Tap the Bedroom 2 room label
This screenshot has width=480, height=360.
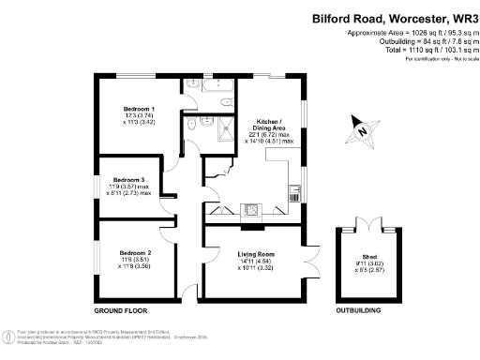coord(135,252)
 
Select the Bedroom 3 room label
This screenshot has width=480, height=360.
coord(128,179)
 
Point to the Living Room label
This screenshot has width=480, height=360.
coord(254,253)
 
